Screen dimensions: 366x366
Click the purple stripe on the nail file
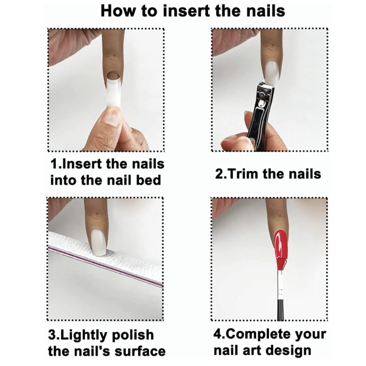(105, 266)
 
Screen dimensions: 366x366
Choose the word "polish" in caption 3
(133, 335)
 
